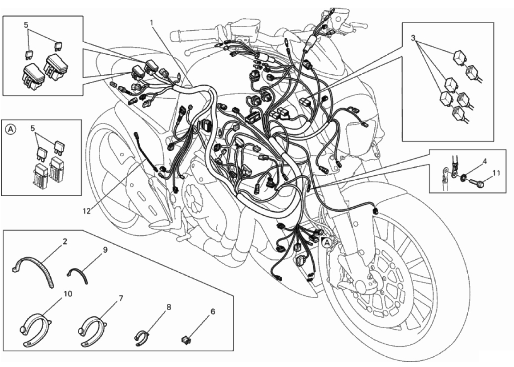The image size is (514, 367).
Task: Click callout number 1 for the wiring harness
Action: click(151, 23)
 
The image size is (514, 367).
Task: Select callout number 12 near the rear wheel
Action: click(86, 211)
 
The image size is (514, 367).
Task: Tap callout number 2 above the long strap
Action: click(65, 242)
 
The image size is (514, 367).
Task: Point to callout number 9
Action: click(105, 250)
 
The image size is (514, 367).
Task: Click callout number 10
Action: click(68, 294)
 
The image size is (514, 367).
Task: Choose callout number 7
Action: click(121, 298)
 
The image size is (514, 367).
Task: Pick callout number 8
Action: click(169, 307)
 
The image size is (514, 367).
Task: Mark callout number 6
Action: click(213, 311)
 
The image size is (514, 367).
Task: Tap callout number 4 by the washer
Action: click(484, 161)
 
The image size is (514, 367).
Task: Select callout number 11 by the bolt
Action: click(497, 173)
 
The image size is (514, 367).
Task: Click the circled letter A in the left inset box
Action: click(11, 129)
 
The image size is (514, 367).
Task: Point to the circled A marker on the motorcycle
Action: click(326, 242)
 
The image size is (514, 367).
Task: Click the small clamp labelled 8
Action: click(142, 337)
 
